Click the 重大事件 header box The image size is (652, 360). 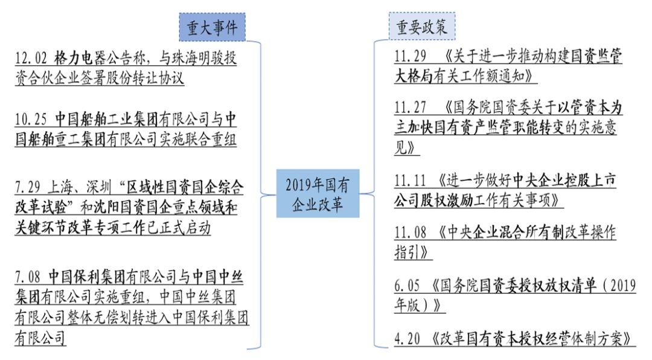point(212,27)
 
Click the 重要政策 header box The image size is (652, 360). point(421,27)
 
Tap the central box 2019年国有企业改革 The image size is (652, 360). point(318,193)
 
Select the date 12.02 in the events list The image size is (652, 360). point(31,59)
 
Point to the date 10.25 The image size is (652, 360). point(31,118)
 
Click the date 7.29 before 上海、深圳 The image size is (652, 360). point(28,185)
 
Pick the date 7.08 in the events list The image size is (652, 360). point(28,277)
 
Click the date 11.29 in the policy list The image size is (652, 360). point(411,57)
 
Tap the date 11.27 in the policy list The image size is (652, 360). point(411,108)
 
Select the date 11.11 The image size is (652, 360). point(411,181)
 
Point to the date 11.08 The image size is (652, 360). point(411,233)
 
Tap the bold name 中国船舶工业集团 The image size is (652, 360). point(107,118)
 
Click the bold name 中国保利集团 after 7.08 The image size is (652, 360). point(88,277)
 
